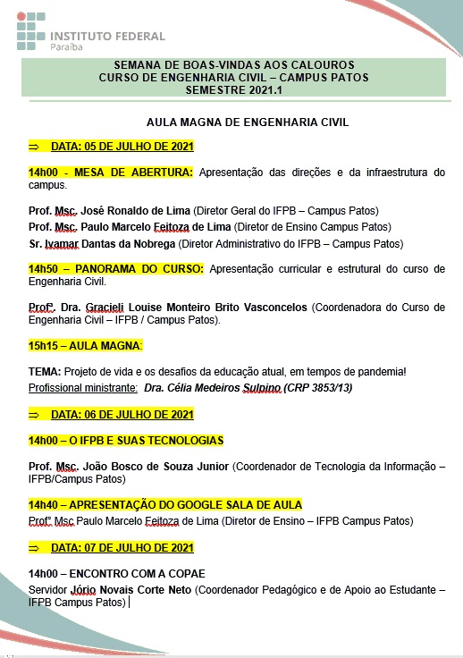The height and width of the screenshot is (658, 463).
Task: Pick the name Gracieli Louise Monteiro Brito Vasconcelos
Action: pyautogui.click(x=197, y=308)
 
